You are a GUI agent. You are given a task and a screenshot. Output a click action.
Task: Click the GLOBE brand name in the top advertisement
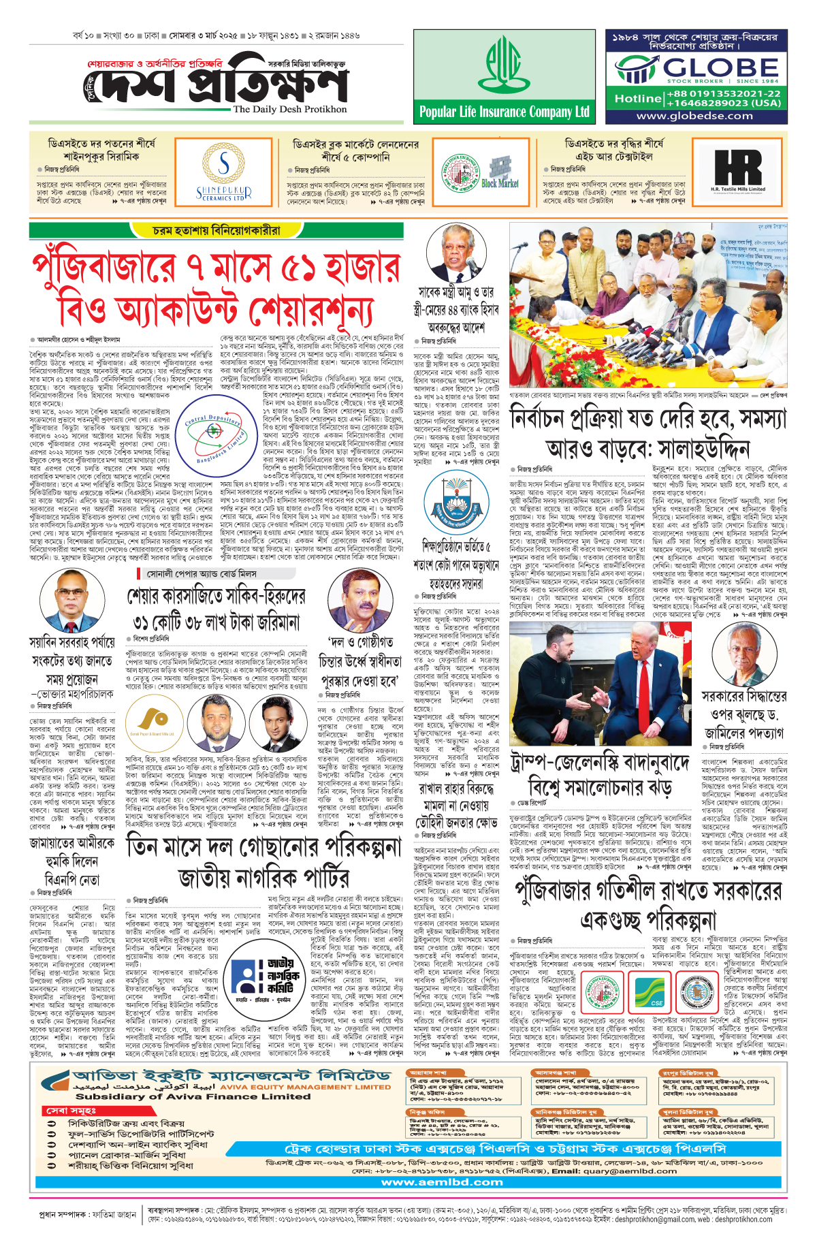[x=720, y=67]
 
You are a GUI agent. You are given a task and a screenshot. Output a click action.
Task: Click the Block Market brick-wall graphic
[x=500, y=168]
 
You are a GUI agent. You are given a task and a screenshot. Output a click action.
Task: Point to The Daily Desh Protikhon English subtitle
[x=290, y=109]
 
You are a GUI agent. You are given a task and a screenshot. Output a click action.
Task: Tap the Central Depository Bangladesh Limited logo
[x=217, y=430]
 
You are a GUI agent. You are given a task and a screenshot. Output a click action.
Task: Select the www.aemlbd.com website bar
[x=442, y=1181]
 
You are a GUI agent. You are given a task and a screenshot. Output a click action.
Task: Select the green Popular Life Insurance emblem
[x=504, y=65]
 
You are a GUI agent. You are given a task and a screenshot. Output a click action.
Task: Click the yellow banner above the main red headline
[x=217, y=231]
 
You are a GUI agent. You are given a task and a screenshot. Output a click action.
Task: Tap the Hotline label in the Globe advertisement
[x=637, y=99]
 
